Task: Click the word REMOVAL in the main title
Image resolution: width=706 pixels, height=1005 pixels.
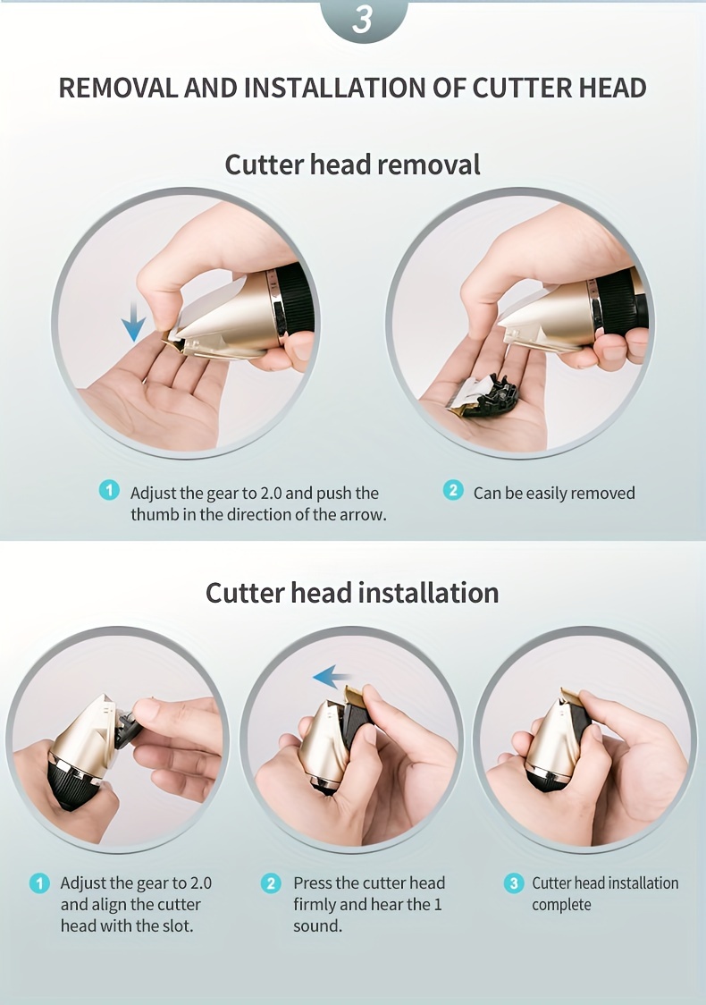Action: [118, 88]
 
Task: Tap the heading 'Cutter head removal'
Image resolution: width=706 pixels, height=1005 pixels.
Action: [352, 165]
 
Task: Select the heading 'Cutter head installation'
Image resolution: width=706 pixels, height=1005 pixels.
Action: [352, 592]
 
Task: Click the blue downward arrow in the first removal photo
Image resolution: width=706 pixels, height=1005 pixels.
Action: [133, 322]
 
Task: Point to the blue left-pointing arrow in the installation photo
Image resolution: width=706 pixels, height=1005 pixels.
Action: [332, 677]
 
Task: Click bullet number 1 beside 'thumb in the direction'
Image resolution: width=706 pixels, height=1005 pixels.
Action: [110, 490]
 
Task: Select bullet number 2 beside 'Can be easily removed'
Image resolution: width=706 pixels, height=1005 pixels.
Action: [453, 490]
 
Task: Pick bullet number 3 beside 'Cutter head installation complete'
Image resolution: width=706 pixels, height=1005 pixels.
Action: [513, 883]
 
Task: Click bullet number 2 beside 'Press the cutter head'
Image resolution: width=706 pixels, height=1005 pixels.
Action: [271, 883]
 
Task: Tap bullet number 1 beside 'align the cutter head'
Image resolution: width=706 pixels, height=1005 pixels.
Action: [39, 883]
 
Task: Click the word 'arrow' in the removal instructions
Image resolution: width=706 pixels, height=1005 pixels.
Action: [362, 515]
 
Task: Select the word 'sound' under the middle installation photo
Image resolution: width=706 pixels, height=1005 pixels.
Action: [316, 925]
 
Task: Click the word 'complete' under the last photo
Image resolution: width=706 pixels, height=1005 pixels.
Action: [561, 905]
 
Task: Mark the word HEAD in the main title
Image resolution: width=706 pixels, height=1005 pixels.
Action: [612, 88]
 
